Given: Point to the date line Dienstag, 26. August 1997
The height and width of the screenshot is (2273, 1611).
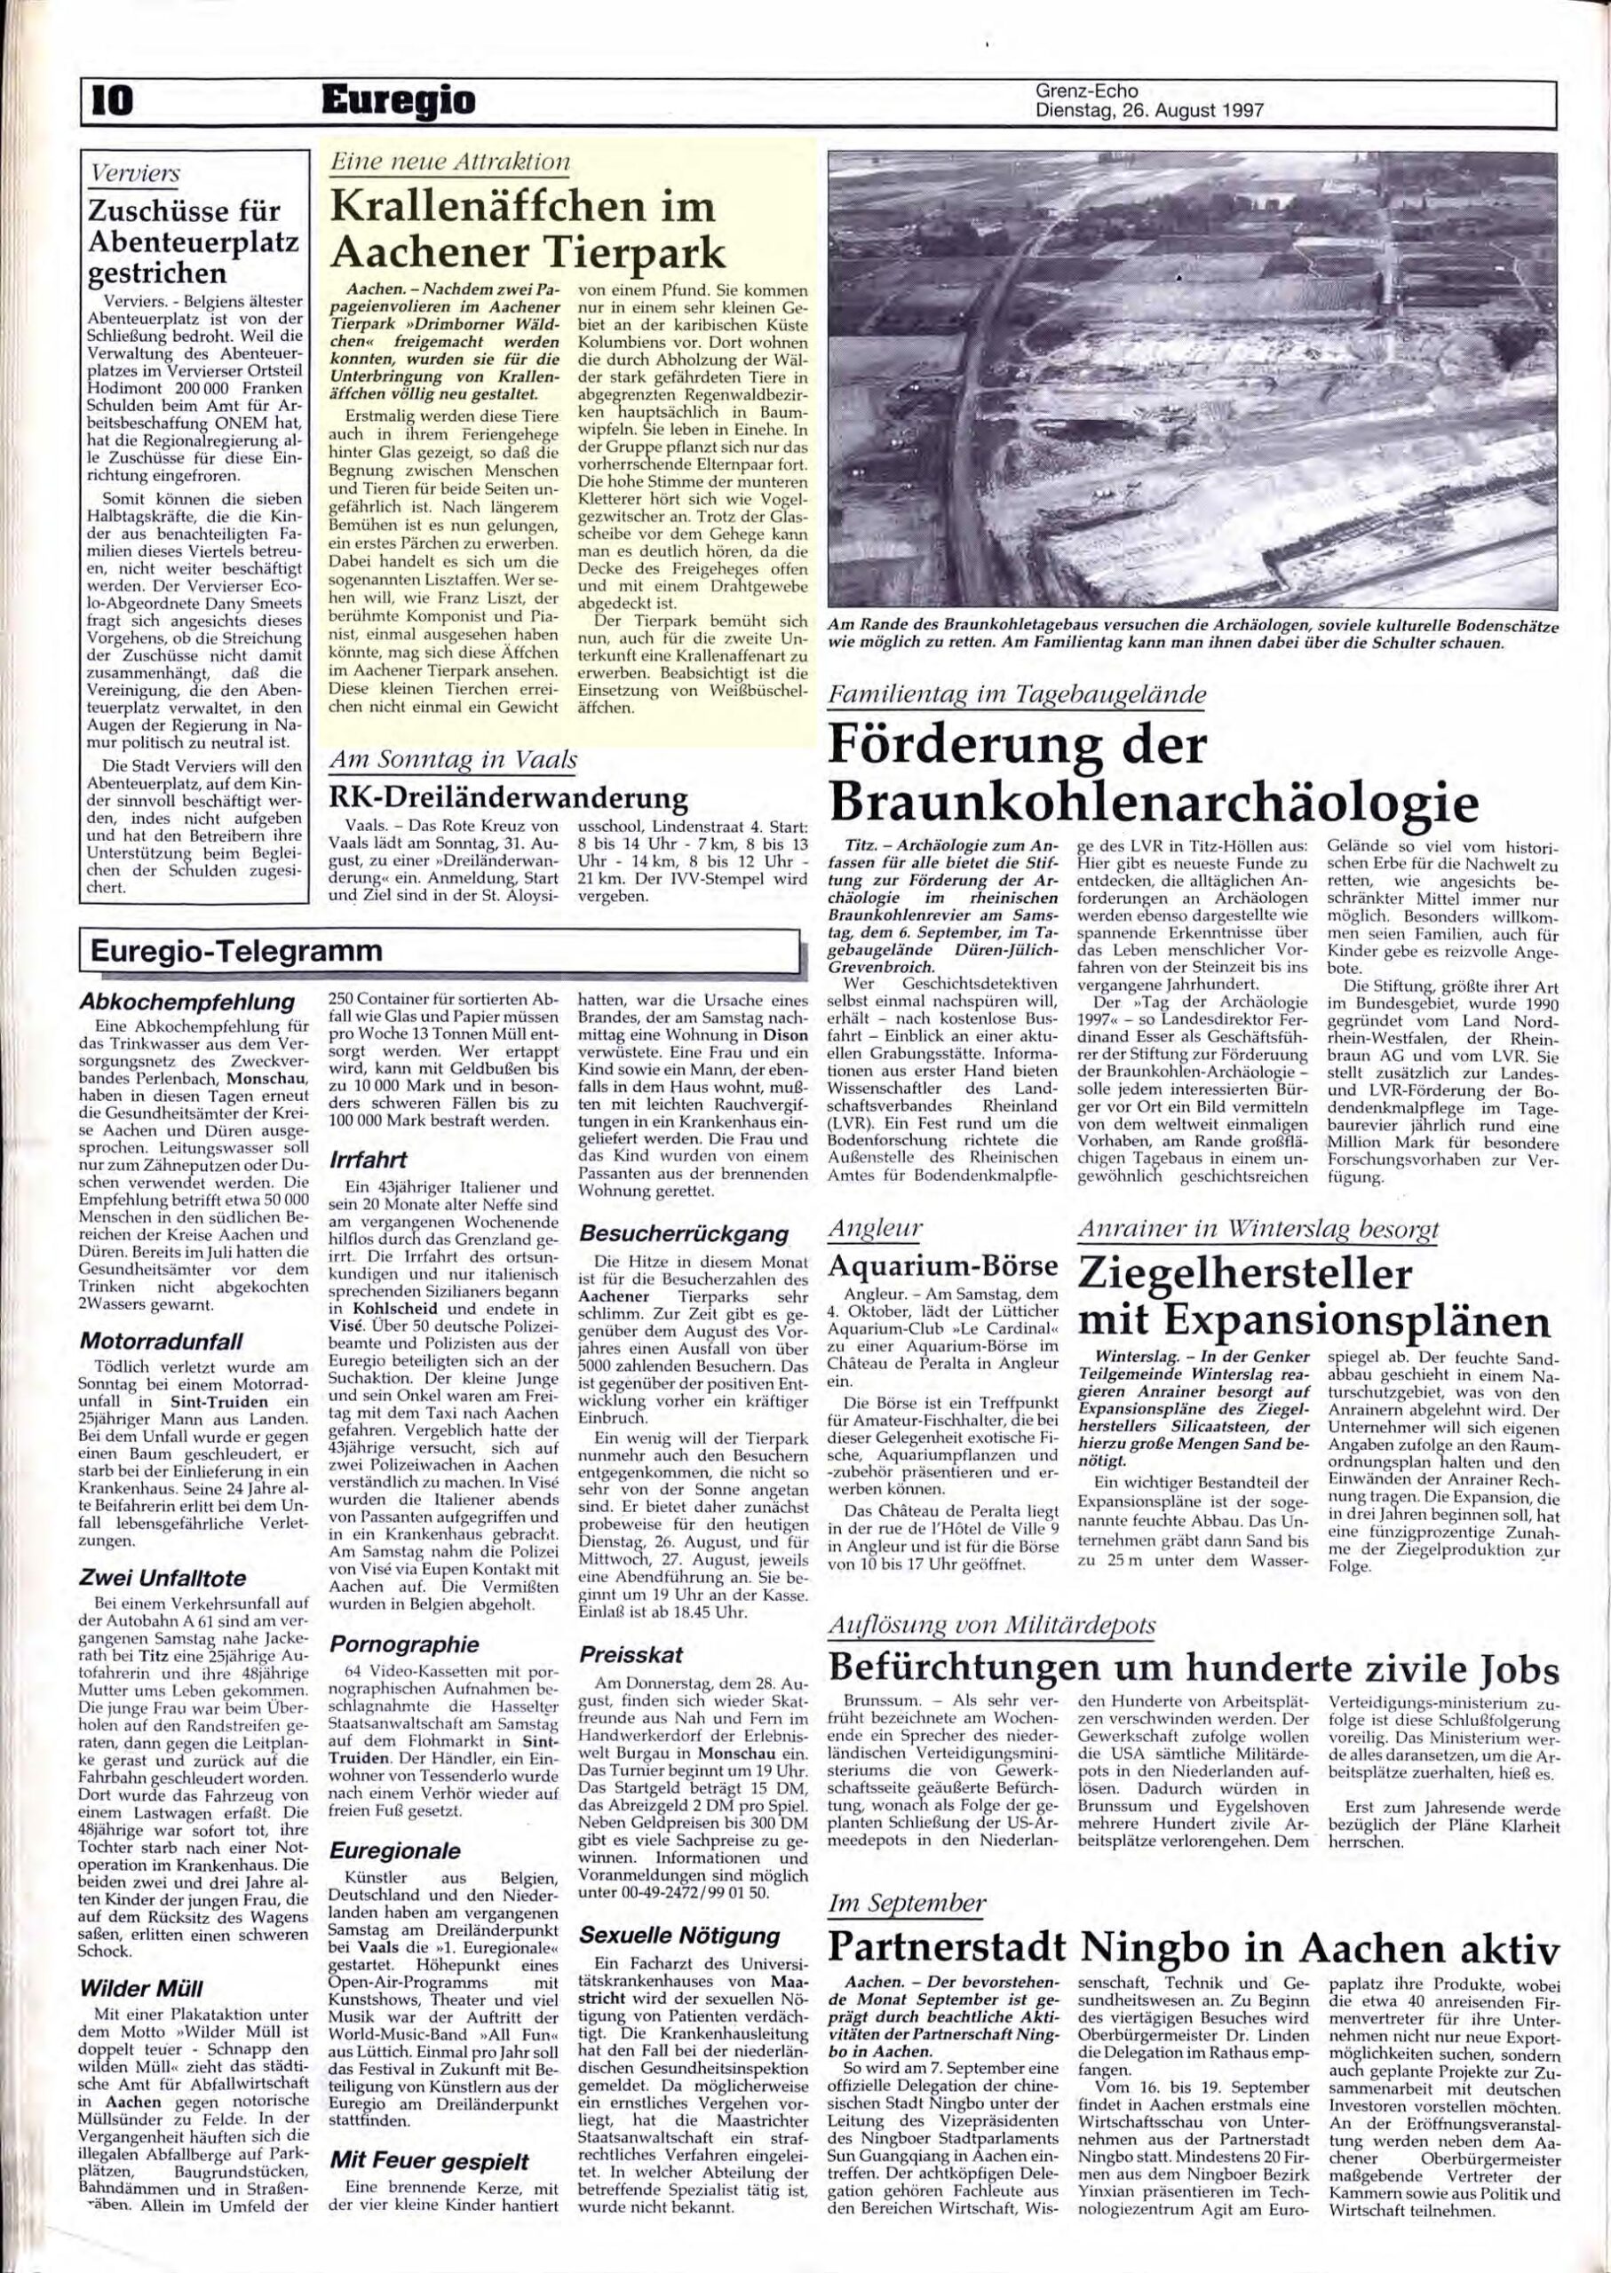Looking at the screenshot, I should [1148, 111].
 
